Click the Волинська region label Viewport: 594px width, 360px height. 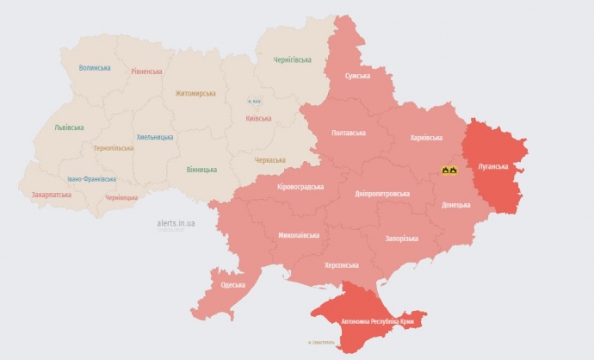click(95, 68)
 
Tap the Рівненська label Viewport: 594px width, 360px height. click(147, 71)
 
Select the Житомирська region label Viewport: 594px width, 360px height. click(196, 94)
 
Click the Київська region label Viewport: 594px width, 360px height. click(259, 119)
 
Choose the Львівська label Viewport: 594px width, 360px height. click(69, 127)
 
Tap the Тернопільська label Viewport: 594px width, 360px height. click(114, 148)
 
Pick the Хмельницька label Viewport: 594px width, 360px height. click(154, 137)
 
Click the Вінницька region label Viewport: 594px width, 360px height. click(201, 170)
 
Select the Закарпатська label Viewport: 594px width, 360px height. click(53, 196)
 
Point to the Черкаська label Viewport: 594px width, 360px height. click(270, 160)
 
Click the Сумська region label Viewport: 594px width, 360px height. click(357, 76)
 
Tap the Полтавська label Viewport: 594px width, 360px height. click(349, 133)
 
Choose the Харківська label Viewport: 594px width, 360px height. click(427, 138)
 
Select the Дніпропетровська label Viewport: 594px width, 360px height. click(382, 194)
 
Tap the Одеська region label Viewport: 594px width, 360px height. click(232, 285)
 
